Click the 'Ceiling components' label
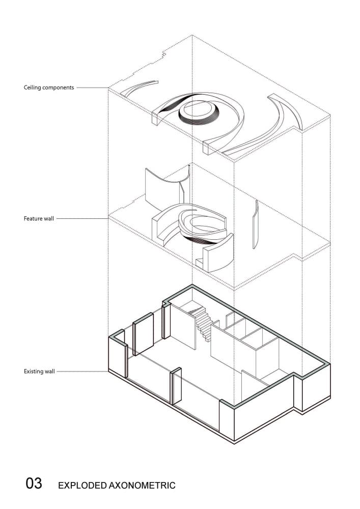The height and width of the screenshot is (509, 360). pos(49,88)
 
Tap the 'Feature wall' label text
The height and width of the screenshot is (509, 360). pos(39,218)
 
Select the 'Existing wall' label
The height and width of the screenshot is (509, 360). pos(39,372)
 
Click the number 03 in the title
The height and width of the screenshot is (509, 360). pos(34,483)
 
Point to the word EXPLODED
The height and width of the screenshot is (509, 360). pos(82,485)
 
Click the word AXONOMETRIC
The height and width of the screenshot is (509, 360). pos(142,485)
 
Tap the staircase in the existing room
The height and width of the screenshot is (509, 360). pos(201,324)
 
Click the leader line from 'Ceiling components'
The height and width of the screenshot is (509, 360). pos(93,88)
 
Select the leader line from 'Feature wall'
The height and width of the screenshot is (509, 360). pos(82,218)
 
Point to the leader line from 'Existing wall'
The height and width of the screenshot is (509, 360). pos(82,372)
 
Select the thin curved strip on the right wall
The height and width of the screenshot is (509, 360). pos(255,224)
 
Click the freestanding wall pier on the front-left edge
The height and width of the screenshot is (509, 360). pos(176,386)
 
